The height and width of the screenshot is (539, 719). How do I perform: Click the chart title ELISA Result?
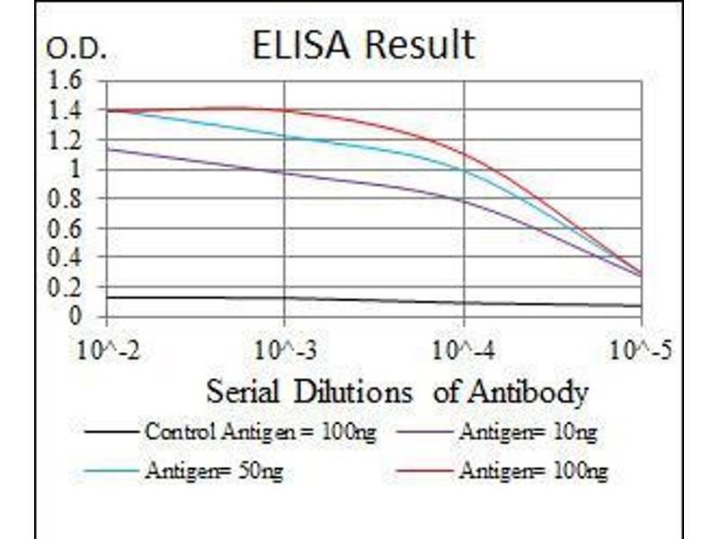[363, 44]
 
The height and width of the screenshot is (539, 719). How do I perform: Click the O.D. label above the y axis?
[75, 50]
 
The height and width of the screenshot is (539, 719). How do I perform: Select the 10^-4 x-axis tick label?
[464, 349]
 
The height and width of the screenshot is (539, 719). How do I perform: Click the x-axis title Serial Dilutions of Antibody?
[396, 393]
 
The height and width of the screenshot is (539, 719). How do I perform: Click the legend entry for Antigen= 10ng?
[527, 433]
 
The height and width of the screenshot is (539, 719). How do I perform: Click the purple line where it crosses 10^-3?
[285, 172]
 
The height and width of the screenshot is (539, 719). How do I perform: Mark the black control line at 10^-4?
[464, 303]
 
